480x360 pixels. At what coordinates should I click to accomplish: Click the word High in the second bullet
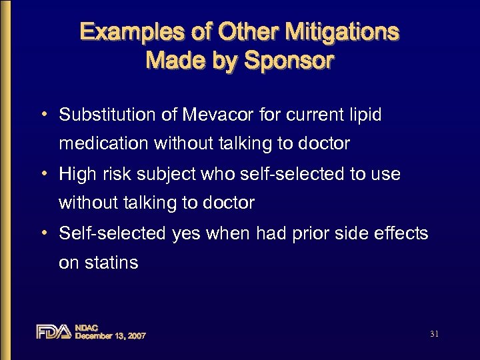click(77, 174)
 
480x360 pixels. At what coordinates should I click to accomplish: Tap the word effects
click(402, 233)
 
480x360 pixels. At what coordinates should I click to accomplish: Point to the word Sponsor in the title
click(289, 61)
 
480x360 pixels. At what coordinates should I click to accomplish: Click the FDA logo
click(53, 331)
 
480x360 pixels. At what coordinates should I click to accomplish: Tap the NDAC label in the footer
click(87, 327)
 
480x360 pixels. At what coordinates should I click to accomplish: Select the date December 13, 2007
click(110, 336)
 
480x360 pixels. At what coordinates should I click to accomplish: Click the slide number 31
click(434, 333)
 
